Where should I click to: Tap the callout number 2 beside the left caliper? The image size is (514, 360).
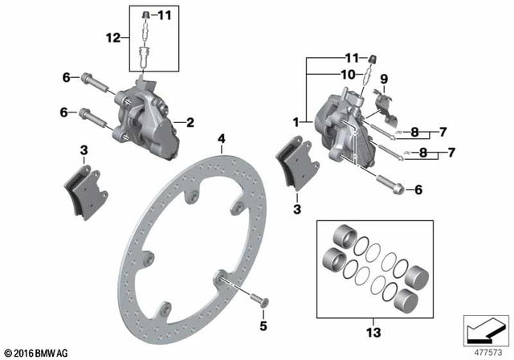(x=190, y=123)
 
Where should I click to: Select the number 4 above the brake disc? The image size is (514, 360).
(x=222, y=139)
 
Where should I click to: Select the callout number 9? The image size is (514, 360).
(x=384, y=80)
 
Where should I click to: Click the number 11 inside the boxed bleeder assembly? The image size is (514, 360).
(x=165, y=15)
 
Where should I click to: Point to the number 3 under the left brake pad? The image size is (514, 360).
(x=83, y=150)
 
